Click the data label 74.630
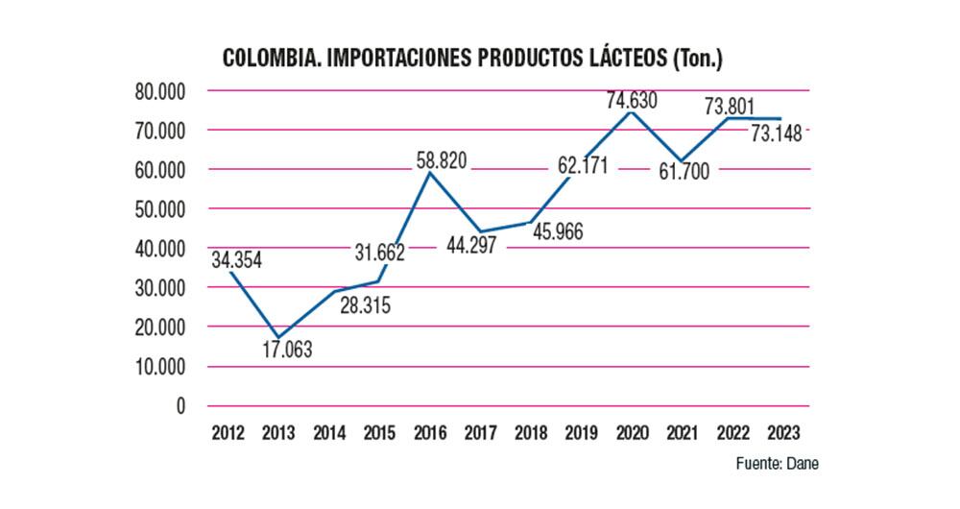click(630, 99)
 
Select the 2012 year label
click(228, 431)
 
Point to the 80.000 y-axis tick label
click(159, 91)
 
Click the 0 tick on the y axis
click(180, 406)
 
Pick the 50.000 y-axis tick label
click(159, 209)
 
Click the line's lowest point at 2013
click(278, 337)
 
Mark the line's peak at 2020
click(629, 112)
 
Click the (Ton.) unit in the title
click(697, 59)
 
